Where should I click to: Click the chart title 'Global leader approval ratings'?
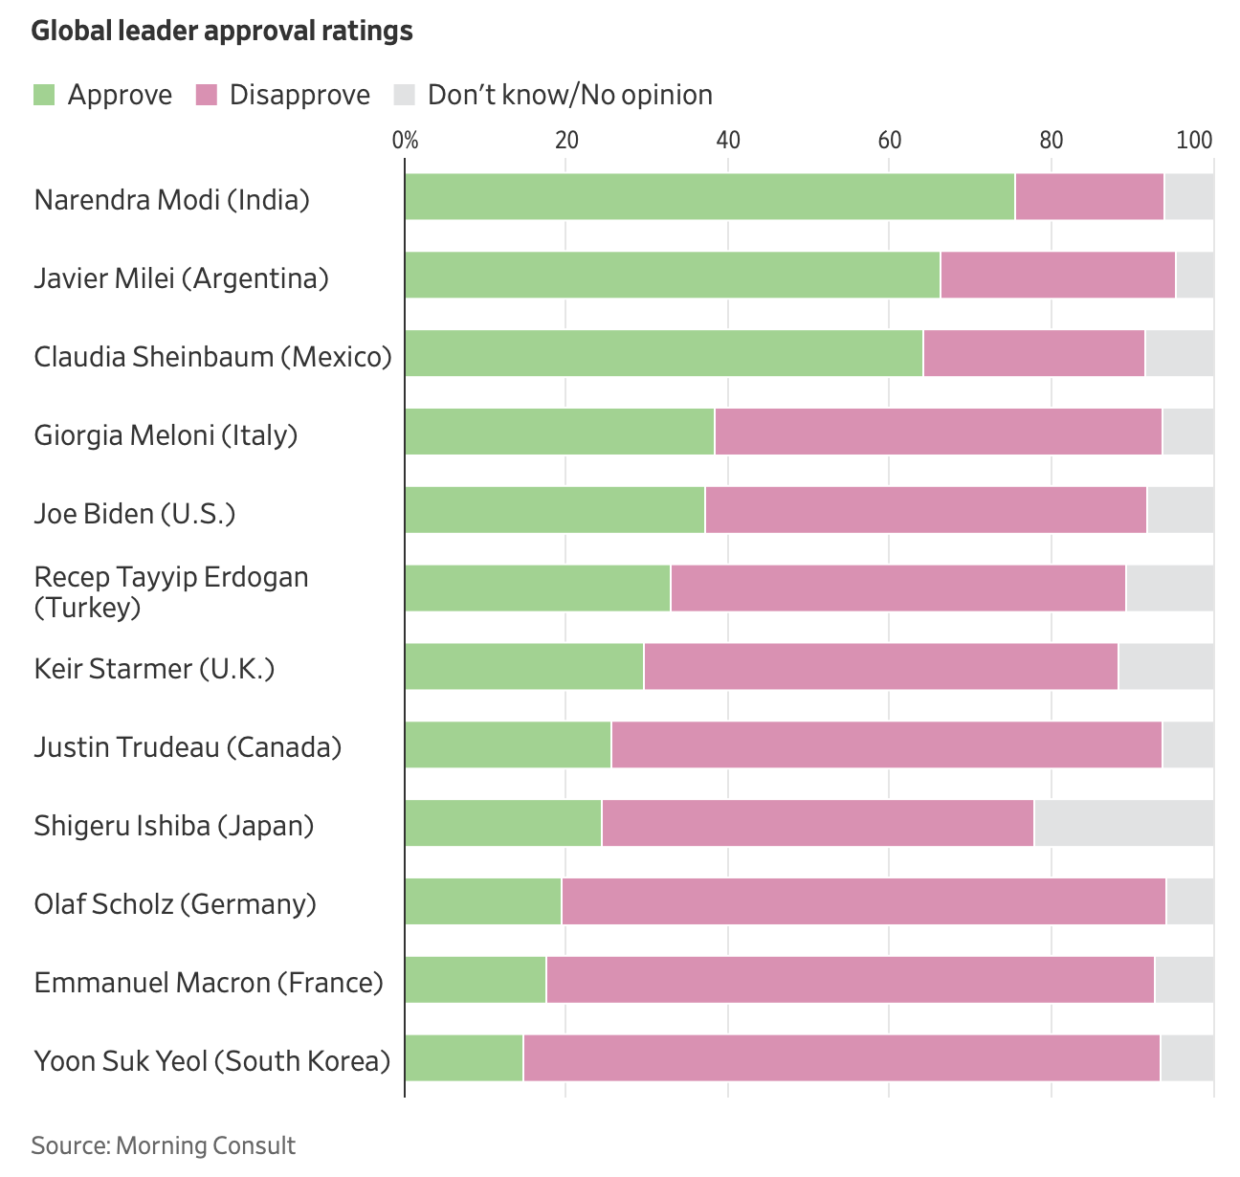coord(222,32)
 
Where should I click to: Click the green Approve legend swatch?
coord(44,95)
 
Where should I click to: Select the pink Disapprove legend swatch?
coord(207,95)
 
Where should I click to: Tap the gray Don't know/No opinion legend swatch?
coord(405,95)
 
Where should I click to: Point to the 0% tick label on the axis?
coord(406,141)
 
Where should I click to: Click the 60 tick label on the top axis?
coord(889,141)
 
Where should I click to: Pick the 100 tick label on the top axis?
coord(1194,141)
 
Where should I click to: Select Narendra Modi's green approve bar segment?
coord(709,196)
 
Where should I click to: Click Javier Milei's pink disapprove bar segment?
coord(1057,275)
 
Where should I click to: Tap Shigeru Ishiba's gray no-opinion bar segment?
coord(1123,823)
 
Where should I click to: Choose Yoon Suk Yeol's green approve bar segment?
coord(464,1058)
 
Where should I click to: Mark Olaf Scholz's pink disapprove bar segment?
coord(863,901)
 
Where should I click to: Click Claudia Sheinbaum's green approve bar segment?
coord(663,353)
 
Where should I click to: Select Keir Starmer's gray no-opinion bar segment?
coord(1165,666)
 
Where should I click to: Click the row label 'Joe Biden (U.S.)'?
coord(135,514)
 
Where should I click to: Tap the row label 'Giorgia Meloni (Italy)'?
coord(166,435)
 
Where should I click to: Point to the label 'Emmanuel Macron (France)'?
coord(209,983)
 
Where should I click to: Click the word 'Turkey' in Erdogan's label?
coord(88,608)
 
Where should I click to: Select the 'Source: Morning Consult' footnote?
coord(164,1145)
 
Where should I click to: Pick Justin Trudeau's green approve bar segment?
coord(507,744)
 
